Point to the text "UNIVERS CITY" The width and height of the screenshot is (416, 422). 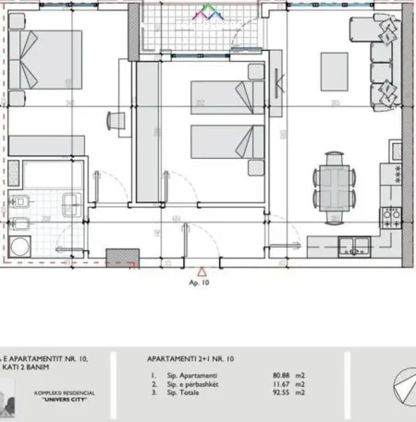click(57, 404)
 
